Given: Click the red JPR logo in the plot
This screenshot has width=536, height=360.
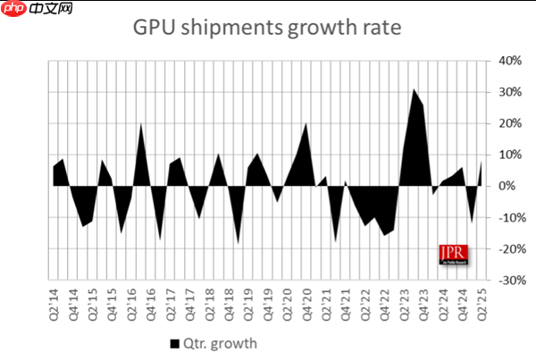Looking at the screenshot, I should [453, 254].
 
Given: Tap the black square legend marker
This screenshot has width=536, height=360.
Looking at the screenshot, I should [173, 342].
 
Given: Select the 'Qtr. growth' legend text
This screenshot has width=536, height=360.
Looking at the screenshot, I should [220, 342].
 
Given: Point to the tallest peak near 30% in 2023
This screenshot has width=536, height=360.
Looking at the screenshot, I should [414, 89].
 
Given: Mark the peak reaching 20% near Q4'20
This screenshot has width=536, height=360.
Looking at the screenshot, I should [306, 123].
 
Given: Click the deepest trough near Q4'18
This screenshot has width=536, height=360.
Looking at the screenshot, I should [239, 242].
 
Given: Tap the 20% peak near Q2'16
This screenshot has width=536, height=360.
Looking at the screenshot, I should [141, 124].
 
